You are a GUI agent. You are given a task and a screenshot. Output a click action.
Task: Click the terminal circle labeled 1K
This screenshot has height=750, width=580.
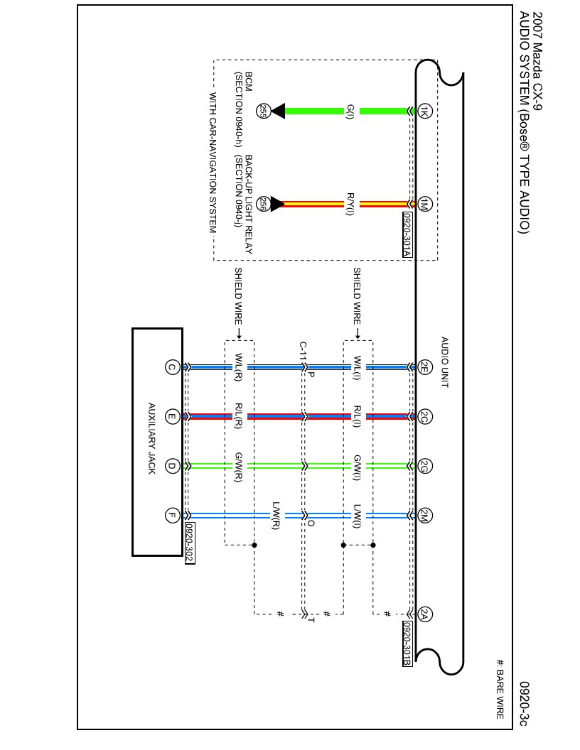pyautogui.click(x=424, y=111)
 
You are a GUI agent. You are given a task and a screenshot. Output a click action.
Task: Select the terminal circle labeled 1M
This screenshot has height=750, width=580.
pyautogui.click(x=424, y=204)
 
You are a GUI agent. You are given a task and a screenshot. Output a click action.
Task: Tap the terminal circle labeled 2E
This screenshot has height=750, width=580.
pyautogui.click(x=424, y=367)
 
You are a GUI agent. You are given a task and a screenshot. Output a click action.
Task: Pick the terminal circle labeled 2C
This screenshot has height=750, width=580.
pyautogui.click(x=424, y=416)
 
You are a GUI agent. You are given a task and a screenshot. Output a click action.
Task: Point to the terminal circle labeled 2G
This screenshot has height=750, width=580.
pyautogui.click(x=424, y=466)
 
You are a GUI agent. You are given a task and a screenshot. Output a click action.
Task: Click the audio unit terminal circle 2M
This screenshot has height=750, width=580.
pyautogui.click(x=424, y=515)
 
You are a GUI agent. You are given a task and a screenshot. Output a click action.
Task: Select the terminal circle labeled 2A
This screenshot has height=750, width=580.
pyautogui.click(x=424, y=615)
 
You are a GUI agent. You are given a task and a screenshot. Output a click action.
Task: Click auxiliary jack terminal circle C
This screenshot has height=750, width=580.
pyautogui.click(x=171, y=367)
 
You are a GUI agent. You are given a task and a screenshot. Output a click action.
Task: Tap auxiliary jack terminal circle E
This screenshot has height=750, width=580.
pyautogui.click(x=171, y=417)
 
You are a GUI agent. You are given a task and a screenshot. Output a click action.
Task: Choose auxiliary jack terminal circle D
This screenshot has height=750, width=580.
pyautogui.click(x=171, y=466)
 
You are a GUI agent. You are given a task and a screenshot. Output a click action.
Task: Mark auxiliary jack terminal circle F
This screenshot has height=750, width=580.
pyautogui.click(x=171, y=516)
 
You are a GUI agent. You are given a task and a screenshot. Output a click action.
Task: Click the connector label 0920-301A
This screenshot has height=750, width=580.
pyautogui.click(x=407, y=234)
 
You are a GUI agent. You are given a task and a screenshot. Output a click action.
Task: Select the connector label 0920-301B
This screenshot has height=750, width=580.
pyautogui.click(x=407, y=643)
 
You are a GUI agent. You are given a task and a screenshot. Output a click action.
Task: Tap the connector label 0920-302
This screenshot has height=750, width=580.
pyautogui.click(x=189, y=543)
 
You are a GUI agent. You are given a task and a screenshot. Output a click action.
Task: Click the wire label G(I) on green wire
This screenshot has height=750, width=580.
pyautogui.click(x=350, y=112)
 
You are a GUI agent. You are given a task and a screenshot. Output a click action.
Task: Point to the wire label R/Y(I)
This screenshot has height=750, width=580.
pyautogui.click(x=350, y=204)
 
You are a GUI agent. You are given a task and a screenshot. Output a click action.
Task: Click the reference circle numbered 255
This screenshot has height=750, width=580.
pyautogui.click(x=262, y=111)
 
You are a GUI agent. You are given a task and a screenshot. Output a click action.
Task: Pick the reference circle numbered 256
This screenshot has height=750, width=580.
pyautogui.click(x=262, y=204)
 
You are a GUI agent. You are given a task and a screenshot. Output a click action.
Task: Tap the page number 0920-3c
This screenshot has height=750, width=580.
pyautogui.click(x=524, y=703)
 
